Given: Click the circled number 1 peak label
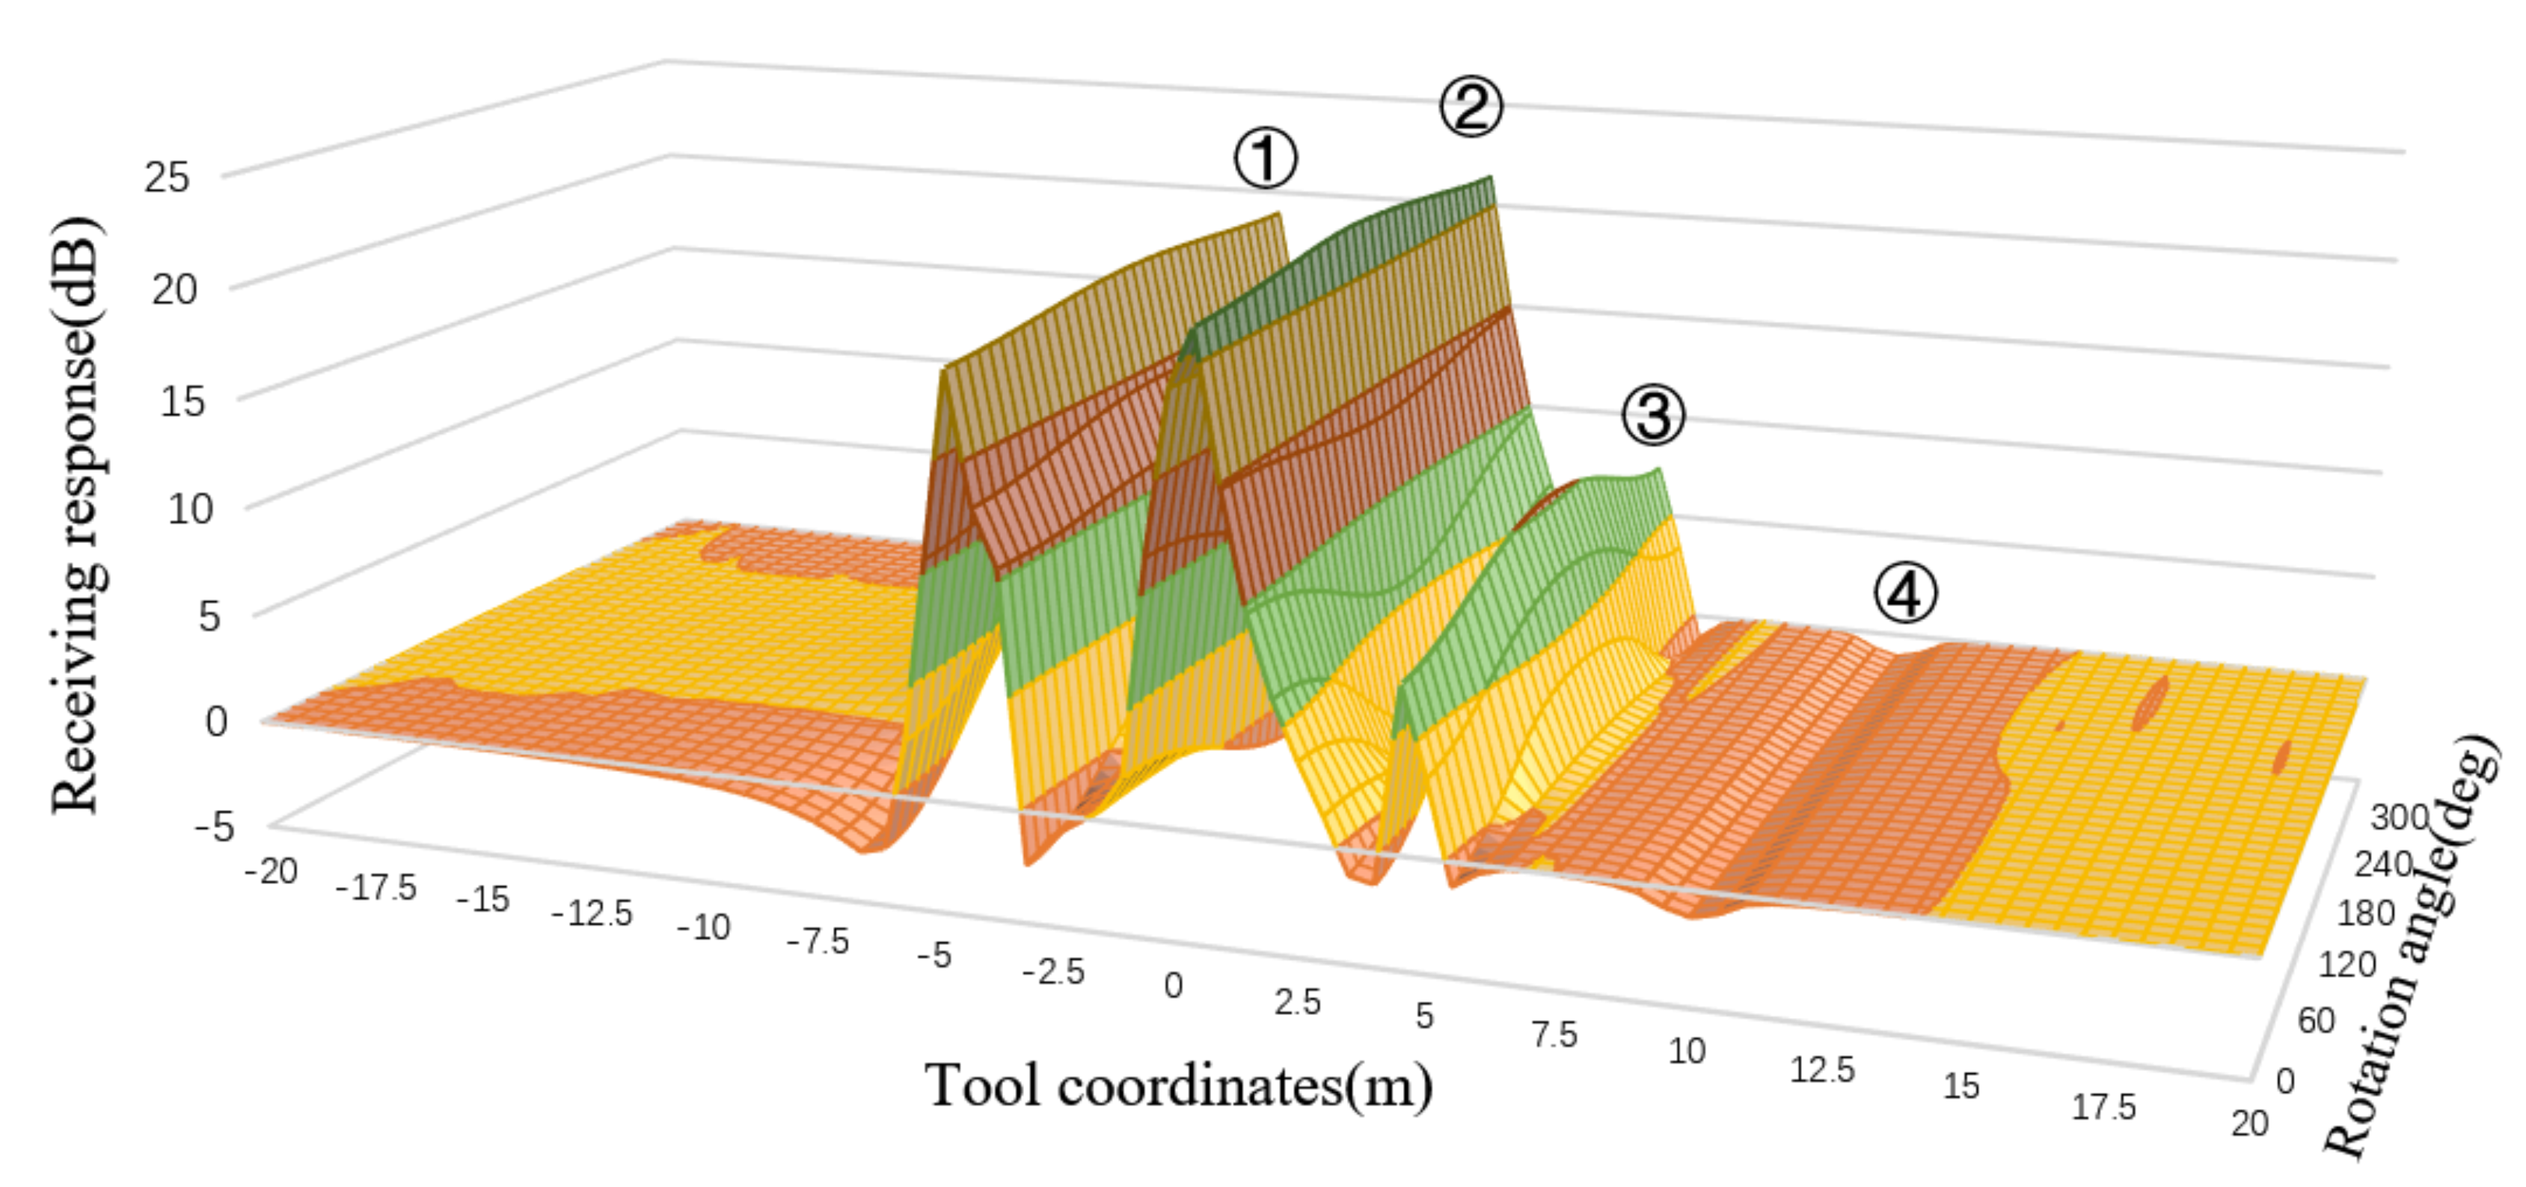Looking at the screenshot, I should (x=1265, y=160).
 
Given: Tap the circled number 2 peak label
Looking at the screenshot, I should (x=1470, y=107).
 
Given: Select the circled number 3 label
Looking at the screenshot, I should (x=1653, y=414).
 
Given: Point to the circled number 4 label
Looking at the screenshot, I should (x=1905, y=594).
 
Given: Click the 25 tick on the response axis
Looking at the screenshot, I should (x=167, y=177).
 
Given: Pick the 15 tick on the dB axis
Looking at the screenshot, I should (x=183, y=401).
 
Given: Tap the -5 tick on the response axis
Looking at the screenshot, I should (x=215, y=827).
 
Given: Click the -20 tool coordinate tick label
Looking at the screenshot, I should (x=272, y=871).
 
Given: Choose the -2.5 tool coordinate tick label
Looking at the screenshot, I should (x=1053, y=972).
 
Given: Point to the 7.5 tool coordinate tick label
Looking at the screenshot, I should (x=1554, y=1035).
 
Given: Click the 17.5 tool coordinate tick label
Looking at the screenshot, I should (x=2103, y=1108).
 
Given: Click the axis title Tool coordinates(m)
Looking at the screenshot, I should (x=1179, y=1086).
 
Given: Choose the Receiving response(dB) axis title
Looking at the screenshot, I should (x=76, y=514).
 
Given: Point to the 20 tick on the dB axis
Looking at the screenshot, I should (x=174, y=289).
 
